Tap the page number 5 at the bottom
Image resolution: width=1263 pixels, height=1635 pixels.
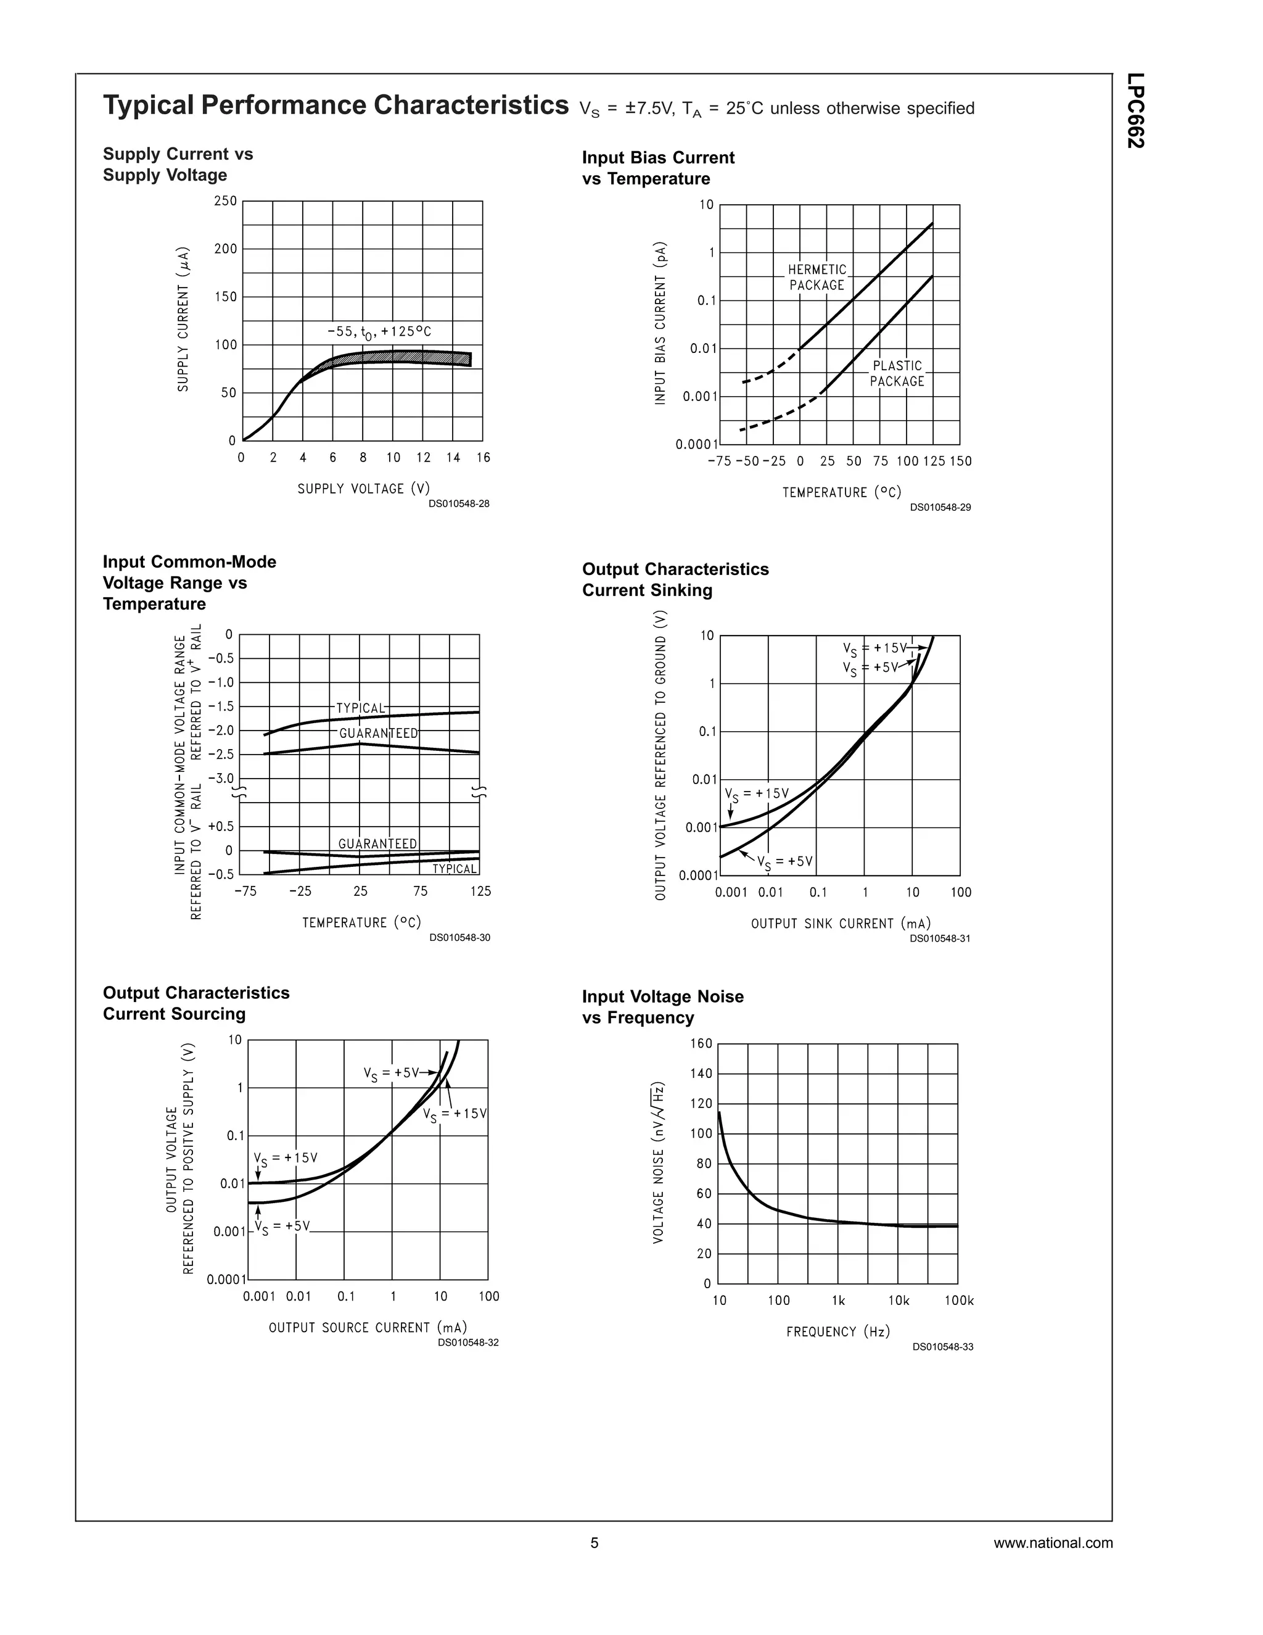(595, 1543)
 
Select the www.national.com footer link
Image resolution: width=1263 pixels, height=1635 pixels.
(1053, 1543)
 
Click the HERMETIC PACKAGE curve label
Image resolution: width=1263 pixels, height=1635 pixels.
(817, 277)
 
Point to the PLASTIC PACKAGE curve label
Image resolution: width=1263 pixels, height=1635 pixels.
(897, 373)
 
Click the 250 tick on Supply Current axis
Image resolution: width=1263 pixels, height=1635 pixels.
(225, 201)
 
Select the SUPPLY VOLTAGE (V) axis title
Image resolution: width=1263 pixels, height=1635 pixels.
(364, 488)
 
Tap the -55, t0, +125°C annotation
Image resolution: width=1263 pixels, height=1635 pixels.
(379, 332)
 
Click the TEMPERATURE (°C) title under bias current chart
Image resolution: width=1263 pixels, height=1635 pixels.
(842, 492)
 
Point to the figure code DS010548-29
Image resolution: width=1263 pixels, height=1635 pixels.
(940, 508)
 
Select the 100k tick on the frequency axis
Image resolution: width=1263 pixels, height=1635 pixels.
(959, 1301)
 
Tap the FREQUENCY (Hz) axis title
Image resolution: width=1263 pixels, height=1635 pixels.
(838, 1332)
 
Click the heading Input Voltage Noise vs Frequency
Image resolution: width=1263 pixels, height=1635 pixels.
(662, 1007)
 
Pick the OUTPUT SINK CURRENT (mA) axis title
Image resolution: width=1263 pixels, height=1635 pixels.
(841, 924)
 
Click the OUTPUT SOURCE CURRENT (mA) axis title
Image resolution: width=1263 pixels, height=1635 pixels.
(368, 1327)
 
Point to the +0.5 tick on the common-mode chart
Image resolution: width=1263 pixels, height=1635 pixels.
(221, 827)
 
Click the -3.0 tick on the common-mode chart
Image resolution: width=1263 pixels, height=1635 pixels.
(221, 779)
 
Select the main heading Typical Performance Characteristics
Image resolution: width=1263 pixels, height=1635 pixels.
(336, 105)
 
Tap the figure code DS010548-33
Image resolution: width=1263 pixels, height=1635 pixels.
(943, 1347)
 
